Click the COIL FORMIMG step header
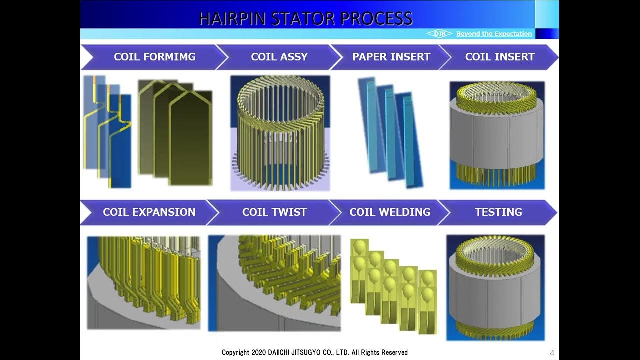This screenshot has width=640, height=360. tap(154, 57)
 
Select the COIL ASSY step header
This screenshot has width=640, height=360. tap(279, 57)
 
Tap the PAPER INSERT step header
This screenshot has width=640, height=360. tap(391, 57)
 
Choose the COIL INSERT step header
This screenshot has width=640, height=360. tap(499, 57)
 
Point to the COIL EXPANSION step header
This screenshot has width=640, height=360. tap(149, 212)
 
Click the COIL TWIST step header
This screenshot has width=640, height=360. tap(274, 212)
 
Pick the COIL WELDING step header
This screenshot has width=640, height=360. tap(389, 212)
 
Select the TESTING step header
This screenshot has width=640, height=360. tap(498, 212)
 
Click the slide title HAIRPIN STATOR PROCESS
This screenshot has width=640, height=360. tap(305, 18)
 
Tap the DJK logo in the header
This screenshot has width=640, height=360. tap(439, 34)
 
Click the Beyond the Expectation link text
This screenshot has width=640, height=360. tap(494, 34)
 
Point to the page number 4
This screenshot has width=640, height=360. tap(552, 353)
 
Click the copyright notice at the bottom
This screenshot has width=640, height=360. tap(315, 353)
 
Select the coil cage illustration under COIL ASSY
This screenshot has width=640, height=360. tap(280, 133)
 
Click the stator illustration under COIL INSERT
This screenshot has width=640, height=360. tap(497, 135)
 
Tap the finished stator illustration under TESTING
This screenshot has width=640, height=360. tap(495, 287)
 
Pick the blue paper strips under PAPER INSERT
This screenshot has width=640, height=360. tap(390, 132)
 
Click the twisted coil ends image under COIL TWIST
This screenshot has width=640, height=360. tap(274, 283)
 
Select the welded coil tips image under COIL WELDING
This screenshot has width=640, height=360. tap(394, 286)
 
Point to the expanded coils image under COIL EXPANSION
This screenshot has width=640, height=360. tap(144, 283)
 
